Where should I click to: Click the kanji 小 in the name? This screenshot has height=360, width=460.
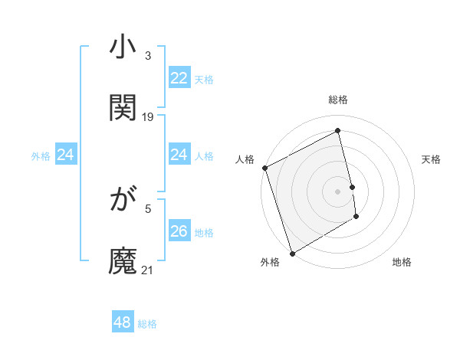click(x=123, y=48)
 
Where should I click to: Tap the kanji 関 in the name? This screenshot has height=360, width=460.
click(x=123, y=107)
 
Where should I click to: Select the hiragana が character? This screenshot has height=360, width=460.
click(x=123, y=201)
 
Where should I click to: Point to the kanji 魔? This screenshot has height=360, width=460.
click(x=123, y=260)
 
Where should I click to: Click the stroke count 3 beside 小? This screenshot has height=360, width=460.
click(x=148, y=56)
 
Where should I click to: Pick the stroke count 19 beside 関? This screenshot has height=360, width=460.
click(x=148, y=116)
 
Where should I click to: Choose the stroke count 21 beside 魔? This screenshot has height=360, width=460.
click(x=148, y=270)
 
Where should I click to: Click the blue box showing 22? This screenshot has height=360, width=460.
click(x=179, y=78)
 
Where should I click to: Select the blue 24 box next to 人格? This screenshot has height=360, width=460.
click(x=179, y=155)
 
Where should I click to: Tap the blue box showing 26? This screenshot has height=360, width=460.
click(x=179, y=231)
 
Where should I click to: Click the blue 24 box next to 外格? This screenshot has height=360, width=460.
click(x=65, y=155)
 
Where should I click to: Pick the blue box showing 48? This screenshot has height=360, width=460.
click(x=122, y=322)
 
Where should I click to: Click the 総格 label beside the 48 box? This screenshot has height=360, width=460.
click(x=147, y=324)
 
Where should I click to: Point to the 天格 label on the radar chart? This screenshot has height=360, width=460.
click(x=432, y=159)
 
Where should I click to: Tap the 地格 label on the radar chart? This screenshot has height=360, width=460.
click(x=402, y=262)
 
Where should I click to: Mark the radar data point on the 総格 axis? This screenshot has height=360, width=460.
click(x=338, y=131)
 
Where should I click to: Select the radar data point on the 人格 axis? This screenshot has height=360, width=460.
click(x=264, y=168)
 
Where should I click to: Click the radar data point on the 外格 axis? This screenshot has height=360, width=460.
click(x=292, y=253)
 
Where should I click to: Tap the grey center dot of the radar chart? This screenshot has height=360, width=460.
click(x=338, y=191)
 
